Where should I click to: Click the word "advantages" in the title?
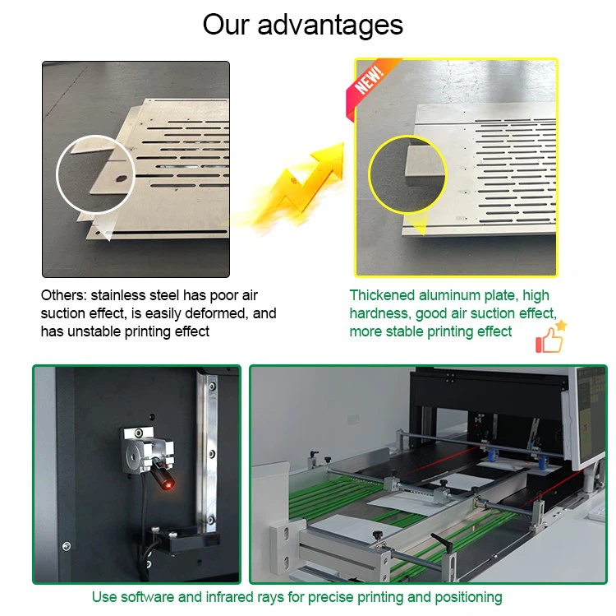[330, 25]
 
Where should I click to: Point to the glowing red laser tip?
[168, 486]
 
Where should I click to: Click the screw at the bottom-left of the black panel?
[67, 546]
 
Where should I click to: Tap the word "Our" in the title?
[226, 25]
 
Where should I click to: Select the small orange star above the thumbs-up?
[561, 326]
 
